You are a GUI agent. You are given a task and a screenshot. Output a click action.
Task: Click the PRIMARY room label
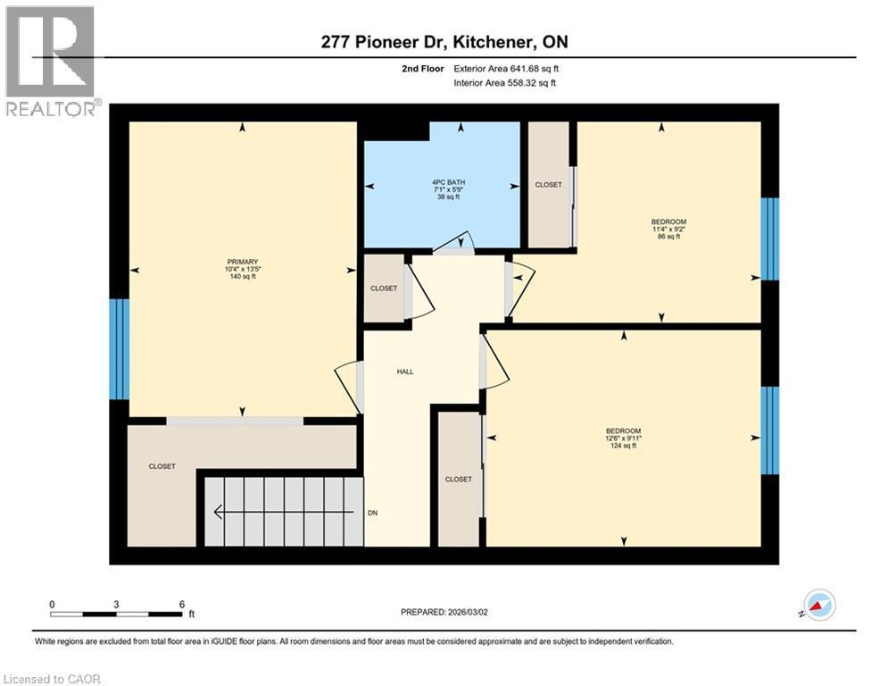tap(242, 262)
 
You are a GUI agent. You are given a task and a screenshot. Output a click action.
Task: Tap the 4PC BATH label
tap(443, 182)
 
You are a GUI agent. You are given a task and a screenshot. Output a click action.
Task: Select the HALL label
tap(405, 372)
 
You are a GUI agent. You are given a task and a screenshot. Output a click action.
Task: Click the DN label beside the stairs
tap(373, 514)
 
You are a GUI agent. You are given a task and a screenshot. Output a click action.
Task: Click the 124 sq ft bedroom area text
tap(622, 446)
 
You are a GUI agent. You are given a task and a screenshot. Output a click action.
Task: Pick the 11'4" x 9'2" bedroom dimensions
tap(668, 229)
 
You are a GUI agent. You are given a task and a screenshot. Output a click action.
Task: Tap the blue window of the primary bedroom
tap(119, 348)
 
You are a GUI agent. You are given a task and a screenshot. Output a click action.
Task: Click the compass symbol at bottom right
tap(818, 606)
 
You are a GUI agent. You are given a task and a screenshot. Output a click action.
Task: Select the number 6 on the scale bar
tap(181, 604)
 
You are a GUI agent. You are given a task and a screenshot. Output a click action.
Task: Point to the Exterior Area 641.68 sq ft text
tap(505, 68)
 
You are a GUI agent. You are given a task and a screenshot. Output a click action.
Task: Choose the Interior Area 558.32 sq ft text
tap(504, 83)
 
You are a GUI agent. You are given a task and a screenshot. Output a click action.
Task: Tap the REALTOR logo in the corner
tap(51, 61)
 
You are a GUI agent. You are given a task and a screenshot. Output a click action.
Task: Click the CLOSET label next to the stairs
tap(162, 466)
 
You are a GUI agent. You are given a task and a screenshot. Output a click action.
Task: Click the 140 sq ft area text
tap(242, 277)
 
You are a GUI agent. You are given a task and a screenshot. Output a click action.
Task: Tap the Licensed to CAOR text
tap(52, 679)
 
